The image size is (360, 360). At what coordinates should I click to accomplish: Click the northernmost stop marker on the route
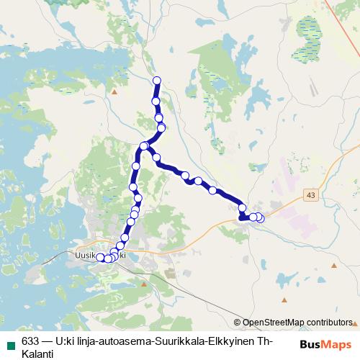pos(156,80)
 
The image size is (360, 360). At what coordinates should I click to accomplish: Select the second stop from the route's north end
pos(156,102)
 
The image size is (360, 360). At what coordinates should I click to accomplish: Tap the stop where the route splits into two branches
pos(144,146)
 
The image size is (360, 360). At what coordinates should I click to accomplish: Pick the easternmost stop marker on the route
pos(260,218)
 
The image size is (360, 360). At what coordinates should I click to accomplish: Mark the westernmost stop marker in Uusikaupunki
pos(101,258)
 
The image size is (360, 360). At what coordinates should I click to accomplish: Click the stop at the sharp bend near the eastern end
pos(242,210)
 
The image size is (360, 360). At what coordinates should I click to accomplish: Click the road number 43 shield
pos(310,195)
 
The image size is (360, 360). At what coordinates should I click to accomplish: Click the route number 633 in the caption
pos(31,341)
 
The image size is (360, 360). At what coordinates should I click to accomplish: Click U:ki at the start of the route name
pos(66,341)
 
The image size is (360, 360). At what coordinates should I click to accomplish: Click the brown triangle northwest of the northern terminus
pos(114,92)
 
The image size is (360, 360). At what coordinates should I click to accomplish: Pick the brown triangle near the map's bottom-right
pos(284,299)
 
